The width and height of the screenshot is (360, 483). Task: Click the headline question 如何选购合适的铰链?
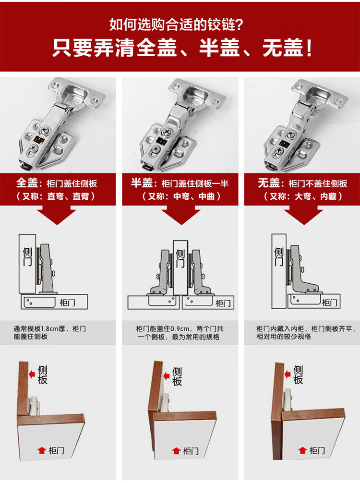point(177,24)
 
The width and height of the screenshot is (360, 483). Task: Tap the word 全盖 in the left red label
point(27,182)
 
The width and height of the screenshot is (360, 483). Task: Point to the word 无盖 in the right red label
point(269,182)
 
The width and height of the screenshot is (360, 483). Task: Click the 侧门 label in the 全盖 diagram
point(27,256)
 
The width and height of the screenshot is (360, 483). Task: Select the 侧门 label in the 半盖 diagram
point(180,258)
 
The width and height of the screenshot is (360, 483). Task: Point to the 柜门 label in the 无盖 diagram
point(329,302)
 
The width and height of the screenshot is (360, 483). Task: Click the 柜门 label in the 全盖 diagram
point(68,302)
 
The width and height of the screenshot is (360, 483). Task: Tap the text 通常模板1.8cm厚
point(39,329)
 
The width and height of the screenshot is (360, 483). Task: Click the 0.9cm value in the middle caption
point(180,329)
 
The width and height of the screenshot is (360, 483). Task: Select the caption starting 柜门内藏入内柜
point(304,333)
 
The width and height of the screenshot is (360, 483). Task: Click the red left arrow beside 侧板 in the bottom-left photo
point(32,374)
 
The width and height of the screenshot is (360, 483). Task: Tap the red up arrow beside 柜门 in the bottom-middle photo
point(176,451)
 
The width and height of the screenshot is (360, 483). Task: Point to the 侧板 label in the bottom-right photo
point(298,375)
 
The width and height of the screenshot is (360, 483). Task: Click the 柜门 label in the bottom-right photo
point(317,451)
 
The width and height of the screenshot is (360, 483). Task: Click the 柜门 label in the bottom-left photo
point(56,451)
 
